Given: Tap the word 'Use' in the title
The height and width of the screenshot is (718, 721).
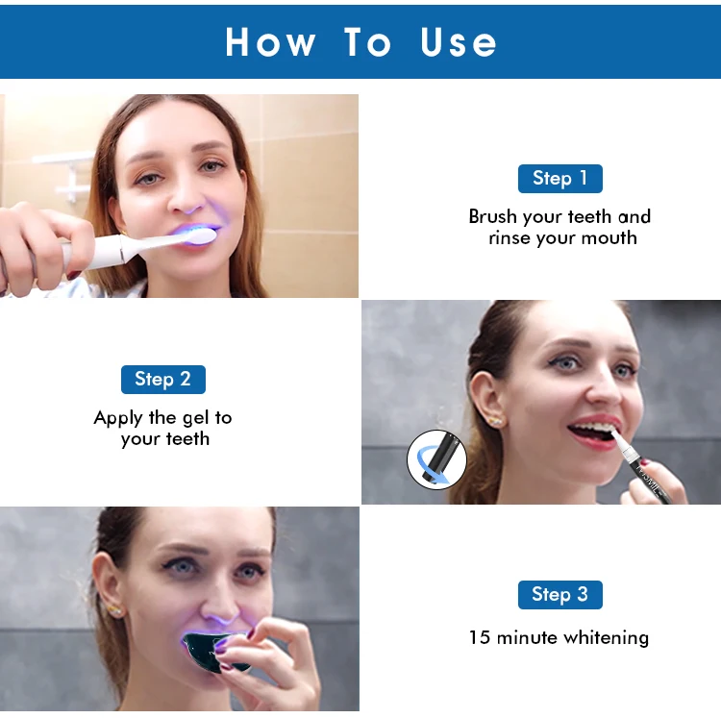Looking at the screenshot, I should click(x=459, y=42).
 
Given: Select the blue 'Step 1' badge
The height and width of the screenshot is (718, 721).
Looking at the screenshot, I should click(x=559, y=178).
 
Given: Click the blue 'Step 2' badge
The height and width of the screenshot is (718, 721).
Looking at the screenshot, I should click(x=162, y=379).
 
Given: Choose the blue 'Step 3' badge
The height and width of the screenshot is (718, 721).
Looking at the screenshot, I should click(x=559, y=594).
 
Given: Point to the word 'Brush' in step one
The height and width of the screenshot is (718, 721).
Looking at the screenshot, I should click(x=492, y=216).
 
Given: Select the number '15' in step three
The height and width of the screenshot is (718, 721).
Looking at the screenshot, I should click(x=479, y=637).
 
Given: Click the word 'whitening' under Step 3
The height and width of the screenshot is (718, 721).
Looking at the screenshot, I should click(x=606, y=637).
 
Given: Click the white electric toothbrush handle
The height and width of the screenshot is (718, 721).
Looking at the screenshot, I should click(x=106, y=251).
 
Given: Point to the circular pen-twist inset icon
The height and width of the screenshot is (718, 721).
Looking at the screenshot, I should click(x=436, y=460).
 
